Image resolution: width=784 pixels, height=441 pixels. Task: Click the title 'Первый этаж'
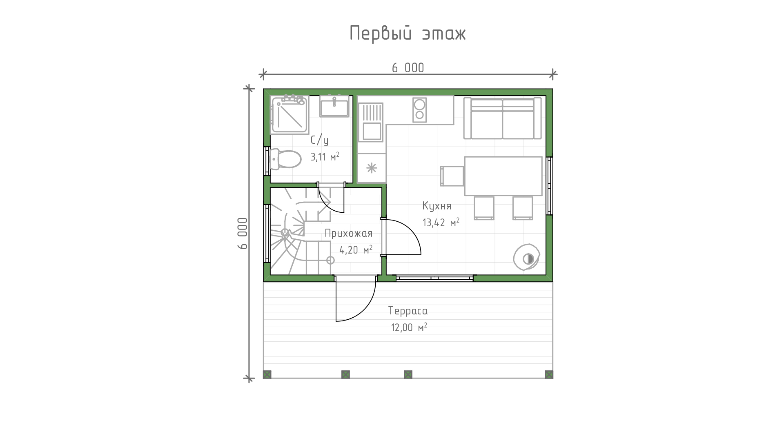coord(408,33)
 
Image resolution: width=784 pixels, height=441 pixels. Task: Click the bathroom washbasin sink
coord(334,107)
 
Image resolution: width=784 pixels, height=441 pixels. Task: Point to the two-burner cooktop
coord(419,110)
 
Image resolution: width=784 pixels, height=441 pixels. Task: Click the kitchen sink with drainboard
coord(371,122)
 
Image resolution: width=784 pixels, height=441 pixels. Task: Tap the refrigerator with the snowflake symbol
coord(372,168)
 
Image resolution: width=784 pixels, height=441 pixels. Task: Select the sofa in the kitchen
coord(503,118)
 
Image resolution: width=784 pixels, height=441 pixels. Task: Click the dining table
coord(503,176)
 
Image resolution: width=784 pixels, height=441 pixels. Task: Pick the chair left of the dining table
coord(452,176)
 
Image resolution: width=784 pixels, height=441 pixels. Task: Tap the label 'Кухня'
coord(437,206)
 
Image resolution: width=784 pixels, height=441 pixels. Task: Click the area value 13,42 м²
coord(441,223)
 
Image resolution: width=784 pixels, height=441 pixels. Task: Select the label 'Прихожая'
coord(349,233)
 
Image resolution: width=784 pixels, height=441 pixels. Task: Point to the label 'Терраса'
coord(408,311)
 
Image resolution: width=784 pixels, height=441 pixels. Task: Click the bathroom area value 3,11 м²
coord(325,157)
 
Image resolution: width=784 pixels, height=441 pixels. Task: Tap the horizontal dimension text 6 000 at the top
coord(408,68)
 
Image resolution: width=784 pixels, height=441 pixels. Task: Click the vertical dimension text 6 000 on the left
coord(243,233)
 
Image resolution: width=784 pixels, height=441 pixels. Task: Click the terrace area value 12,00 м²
coord(409,327)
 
